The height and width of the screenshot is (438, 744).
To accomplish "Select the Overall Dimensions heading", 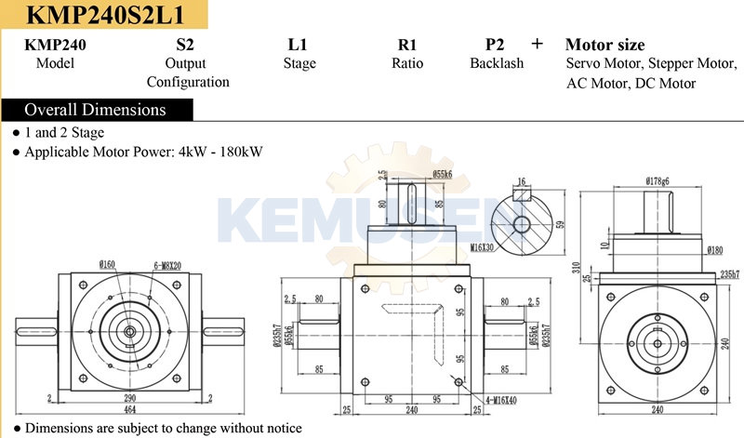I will click(x=95, y=110).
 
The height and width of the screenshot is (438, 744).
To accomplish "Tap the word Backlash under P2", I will click(x=497, y=63).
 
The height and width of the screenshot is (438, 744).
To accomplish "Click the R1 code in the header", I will click(x=406, y=45).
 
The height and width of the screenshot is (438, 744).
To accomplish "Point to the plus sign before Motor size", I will click(x=537, y=44).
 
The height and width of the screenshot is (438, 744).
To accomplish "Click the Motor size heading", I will click(x=604, y=45).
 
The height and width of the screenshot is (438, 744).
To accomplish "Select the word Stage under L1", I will click(x=299, y=63).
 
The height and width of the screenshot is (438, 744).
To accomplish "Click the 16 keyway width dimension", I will click(x=521, y=182).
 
